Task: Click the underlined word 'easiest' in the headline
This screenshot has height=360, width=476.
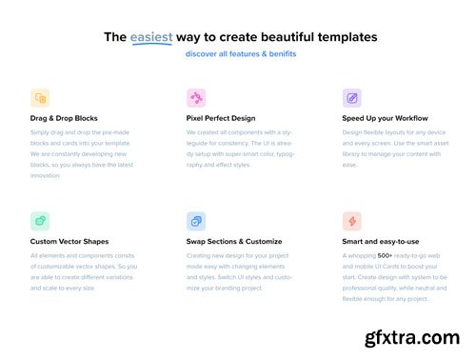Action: coord(152,37)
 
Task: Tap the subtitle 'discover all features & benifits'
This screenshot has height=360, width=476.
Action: coord(241,54)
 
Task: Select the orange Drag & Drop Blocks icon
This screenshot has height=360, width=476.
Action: coord(40,98)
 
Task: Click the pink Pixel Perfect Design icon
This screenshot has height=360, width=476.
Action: coord(196,98)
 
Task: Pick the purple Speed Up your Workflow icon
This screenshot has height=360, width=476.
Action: coord(352,98)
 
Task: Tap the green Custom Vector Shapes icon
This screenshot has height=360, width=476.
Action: coord(40,221)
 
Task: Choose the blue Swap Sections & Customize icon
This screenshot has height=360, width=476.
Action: coord(196,221)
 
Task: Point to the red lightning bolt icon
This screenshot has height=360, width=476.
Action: coord(352,221)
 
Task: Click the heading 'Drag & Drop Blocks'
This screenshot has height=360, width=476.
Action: coord(64,118)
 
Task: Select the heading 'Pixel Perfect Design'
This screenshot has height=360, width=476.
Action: coord(221,118)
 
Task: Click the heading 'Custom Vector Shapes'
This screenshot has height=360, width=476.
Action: coord(69,242)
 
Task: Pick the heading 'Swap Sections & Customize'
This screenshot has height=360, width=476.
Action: coord(234,242)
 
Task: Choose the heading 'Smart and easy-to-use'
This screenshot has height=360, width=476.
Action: coord(381,242)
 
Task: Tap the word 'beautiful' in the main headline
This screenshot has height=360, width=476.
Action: coord(279,37)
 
